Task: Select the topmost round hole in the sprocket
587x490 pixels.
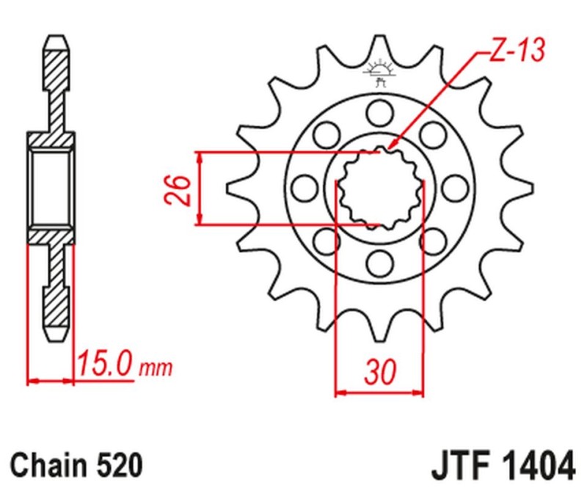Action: (x=379, y=112)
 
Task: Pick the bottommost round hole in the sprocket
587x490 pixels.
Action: (x=379, y=262)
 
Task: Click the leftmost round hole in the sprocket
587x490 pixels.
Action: (x=302, y=187)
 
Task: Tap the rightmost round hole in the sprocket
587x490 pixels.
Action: (x=455, y=187)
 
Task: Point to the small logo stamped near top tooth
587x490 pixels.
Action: (x=379, y=72)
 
